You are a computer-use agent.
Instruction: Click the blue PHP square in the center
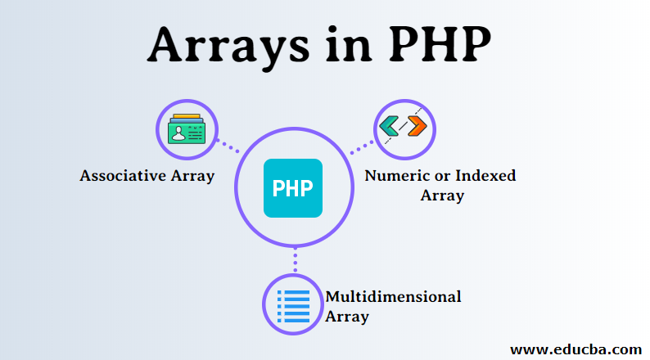tap(293, 187)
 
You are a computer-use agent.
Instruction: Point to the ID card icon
tap(187, 128)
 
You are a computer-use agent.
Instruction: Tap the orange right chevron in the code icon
tap(417, 127)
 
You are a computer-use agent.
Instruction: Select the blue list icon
tap(293, 307)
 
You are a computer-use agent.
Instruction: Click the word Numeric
tap(395, 176)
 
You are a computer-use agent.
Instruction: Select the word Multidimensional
tap(393, 296)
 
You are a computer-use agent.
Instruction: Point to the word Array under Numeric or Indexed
tap(442, 196)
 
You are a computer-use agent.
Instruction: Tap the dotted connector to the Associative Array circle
tap(227, 146)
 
